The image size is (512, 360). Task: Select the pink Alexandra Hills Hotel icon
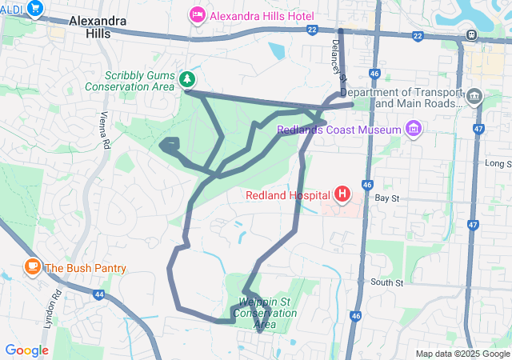197,15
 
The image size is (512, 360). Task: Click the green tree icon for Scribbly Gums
187,78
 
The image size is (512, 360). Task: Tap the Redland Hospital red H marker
342,194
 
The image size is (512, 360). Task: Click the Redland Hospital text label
289,194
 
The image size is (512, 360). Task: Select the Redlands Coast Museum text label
338,130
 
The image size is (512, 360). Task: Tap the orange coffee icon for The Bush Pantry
33,267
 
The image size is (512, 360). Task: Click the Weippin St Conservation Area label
267,313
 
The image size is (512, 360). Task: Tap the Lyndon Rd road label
55,310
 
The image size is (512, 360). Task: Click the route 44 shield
98,294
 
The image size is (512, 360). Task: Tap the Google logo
26,350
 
